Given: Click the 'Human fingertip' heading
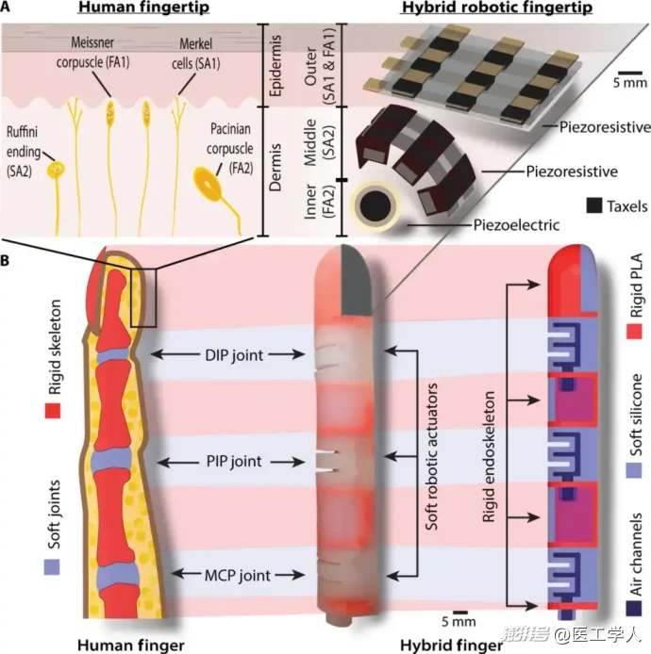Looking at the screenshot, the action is coord(144,8).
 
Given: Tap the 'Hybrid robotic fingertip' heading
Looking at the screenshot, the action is coord(497,8).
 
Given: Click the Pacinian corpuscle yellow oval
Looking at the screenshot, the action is coord(208,184).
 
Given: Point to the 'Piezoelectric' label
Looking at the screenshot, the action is coord(516,225).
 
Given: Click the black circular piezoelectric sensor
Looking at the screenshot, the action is coord(376,205).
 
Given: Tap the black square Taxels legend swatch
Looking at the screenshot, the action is coord(593,205).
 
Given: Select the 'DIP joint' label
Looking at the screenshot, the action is coord(234,355).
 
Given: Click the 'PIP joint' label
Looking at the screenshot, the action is coord(234,462).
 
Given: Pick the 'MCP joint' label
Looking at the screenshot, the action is coord(237,576).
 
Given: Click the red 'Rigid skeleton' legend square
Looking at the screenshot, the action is coord(53,411).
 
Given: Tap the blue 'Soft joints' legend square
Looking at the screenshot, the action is coord(52,567).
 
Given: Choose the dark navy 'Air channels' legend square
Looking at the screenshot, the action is coord(633,608).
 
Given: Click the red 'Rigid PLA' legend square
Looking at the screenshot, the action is coord(634,331).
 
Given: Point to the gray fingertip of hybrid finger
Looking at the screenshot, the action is coord(357,281).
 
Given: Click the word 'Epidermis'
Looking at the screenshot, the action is coord(275,65).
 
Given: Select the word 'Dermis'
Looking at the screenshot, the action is coord(275,168).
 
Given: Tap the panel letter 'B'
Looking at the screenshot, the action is coord(5,260).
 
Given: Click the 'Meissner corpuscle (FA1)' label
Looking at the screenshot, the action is coord(92,52).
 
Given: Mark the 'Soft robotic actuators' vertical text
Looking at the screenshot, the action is coord(431,457).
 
